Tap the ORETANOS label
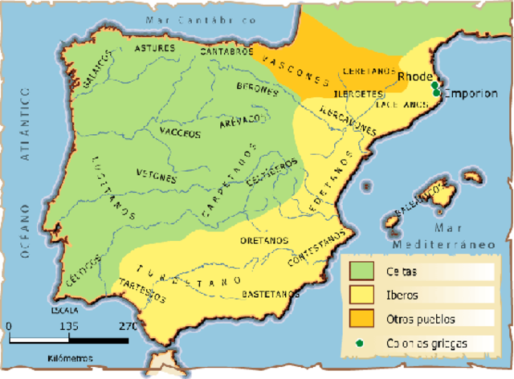[265, 239]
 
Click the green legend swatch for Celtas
[361, 268]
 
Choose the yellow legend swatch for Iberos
[361, 293]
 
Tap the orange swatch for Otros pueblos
[361, 318]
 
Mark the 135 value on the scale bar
[70, 327]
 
